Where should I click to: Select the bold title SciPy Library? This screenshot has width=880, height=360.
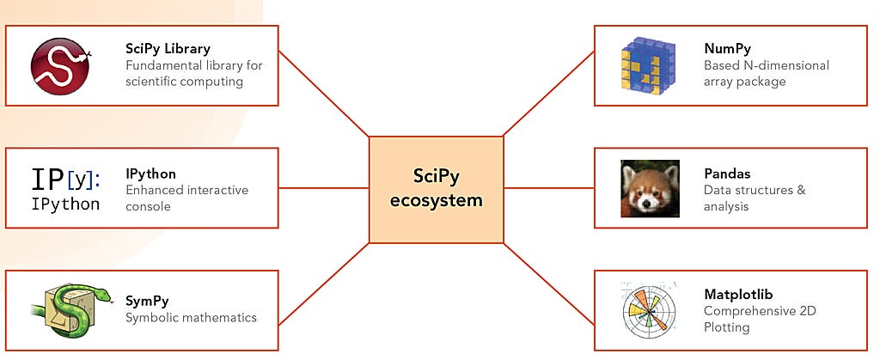168,48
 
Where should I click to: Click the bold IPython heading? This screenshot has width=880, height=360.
150,174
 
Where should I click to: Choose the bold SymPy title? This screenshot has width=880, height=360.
147,301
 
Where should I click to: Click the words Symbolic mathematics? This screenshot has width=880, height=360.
191,317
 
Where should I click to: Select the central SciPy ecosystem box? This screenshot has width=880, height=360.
436,188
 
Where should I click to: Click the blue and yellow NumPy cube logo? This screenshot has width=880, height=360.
650,66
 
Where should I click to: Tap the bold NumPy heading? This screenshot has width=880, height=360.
727,48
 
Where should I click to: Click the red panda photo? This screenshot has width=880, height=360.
650,188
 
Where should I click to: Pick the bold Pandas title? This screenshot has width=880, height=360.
727,174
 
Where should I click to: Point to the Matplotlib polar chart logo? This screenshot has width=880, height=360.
650,310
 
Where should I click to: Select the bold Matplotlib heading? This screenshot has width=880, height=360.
738,294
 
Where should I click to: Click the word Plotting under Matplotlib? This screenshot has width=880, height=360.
727,326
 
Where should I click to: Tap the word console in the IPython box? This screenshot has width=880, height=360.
149,206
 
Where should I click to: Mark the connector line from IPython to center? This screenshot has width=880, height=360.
324,188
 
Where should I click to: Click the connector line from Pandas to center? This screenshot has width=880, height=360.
548,188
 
